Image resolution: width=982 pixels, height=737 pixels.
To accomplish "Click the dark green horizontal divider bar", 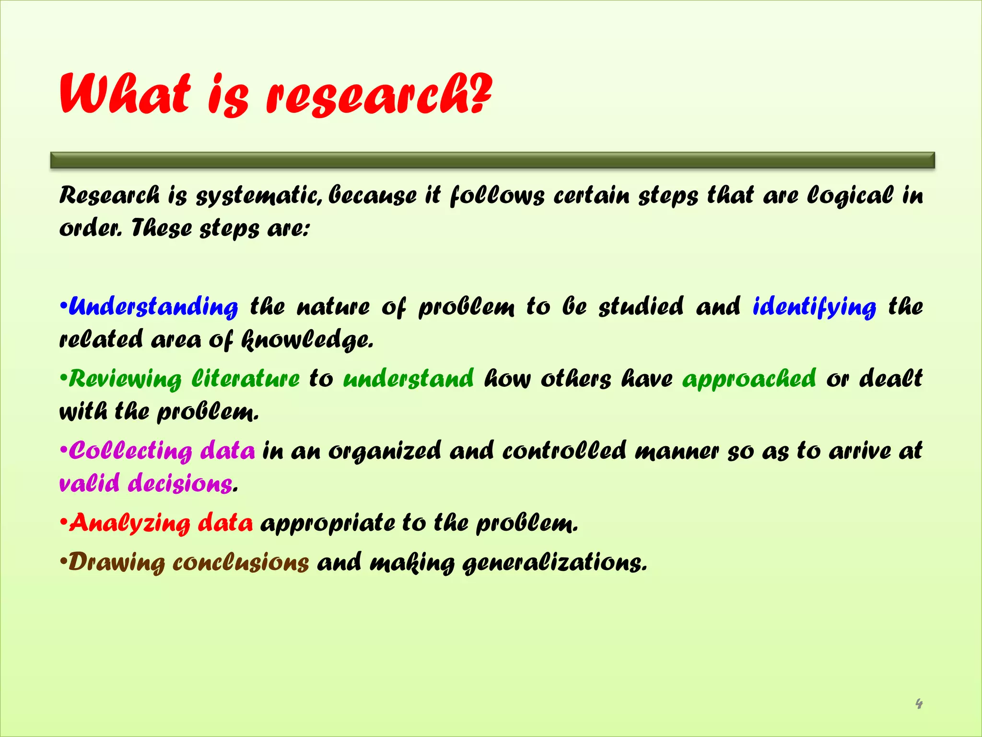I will [492, 160].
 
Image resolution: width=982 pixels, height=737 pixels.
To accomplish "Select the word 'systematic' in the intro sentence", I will [259, 196].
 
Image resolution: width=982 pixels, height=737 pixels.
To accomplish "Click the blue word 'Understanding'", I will [153, 307].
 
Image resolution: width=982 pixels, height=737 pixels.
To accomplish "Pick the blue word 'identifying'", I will [814, 307].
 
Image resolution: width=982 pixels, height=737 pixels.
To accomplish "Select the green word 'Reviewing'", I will [125, 379].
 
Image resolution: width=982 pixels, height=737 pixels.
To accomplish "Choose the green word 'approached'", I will [749, 379].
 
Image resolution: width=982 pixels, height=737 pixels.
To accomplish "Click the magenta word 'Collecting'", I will [130, 451].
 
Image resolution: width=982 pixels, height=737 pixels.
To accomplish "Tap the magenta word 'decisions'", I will [180, 483].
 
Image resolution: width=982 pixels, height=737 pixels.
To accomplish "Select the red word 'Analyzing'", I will [129, 523].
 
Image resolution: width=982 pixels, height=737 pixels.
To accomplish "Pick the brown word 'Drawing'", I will [117, 562].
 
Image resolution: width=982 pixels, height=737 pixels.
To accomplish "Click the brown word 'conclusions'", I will [241, 562].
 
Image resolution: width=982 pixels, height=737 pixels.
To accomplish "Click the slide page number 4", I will [918, 704].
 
